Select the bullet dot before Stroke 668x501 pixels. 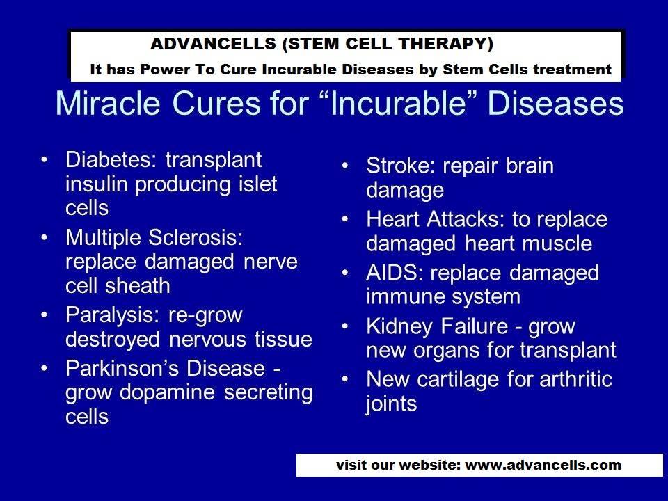[x=346, y=167]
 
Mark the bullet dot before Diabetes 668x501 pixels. [x=45, y=160]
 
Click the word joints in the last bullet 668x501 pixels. [x=391, y=404]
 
